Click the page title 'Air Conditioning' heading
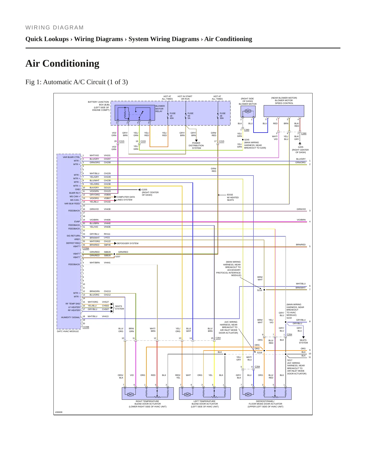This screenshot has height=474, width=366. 62,63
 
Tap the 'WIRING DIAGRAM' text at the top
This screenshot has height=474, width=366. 54,27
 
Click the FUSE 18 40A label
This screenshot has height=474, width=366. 172,116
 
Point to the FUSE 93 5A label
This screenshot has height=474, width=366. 190,116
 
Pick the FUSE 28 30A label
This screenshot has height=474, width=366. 222,116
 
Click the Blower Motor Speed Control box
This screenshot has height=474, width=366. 284,111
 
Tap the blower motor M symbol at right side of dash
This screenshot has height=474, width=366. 248,111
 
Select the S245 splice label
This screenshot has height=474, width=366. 247,140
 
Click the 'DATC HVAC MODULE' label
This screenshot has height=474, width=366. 68,331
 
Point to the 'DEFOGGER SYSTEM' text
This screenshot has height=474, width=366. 127,243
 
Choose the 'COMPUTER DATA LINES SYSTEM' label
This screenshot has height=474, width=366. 126,198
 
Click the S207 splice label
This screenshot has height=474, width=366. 118,257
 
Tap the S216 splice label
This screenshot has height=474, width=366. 260,290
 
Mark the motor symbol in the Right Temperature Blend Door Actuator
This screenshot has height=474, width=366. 130,394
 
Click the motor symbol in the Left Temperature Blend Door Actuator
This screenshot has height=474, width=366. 187,394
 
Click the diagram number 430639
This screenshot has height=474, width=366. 59,412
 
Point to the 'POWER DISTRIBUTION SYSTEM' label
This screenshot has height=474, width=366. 196,145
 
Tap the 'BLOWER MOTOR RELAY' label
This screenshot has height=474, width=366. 160,109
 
